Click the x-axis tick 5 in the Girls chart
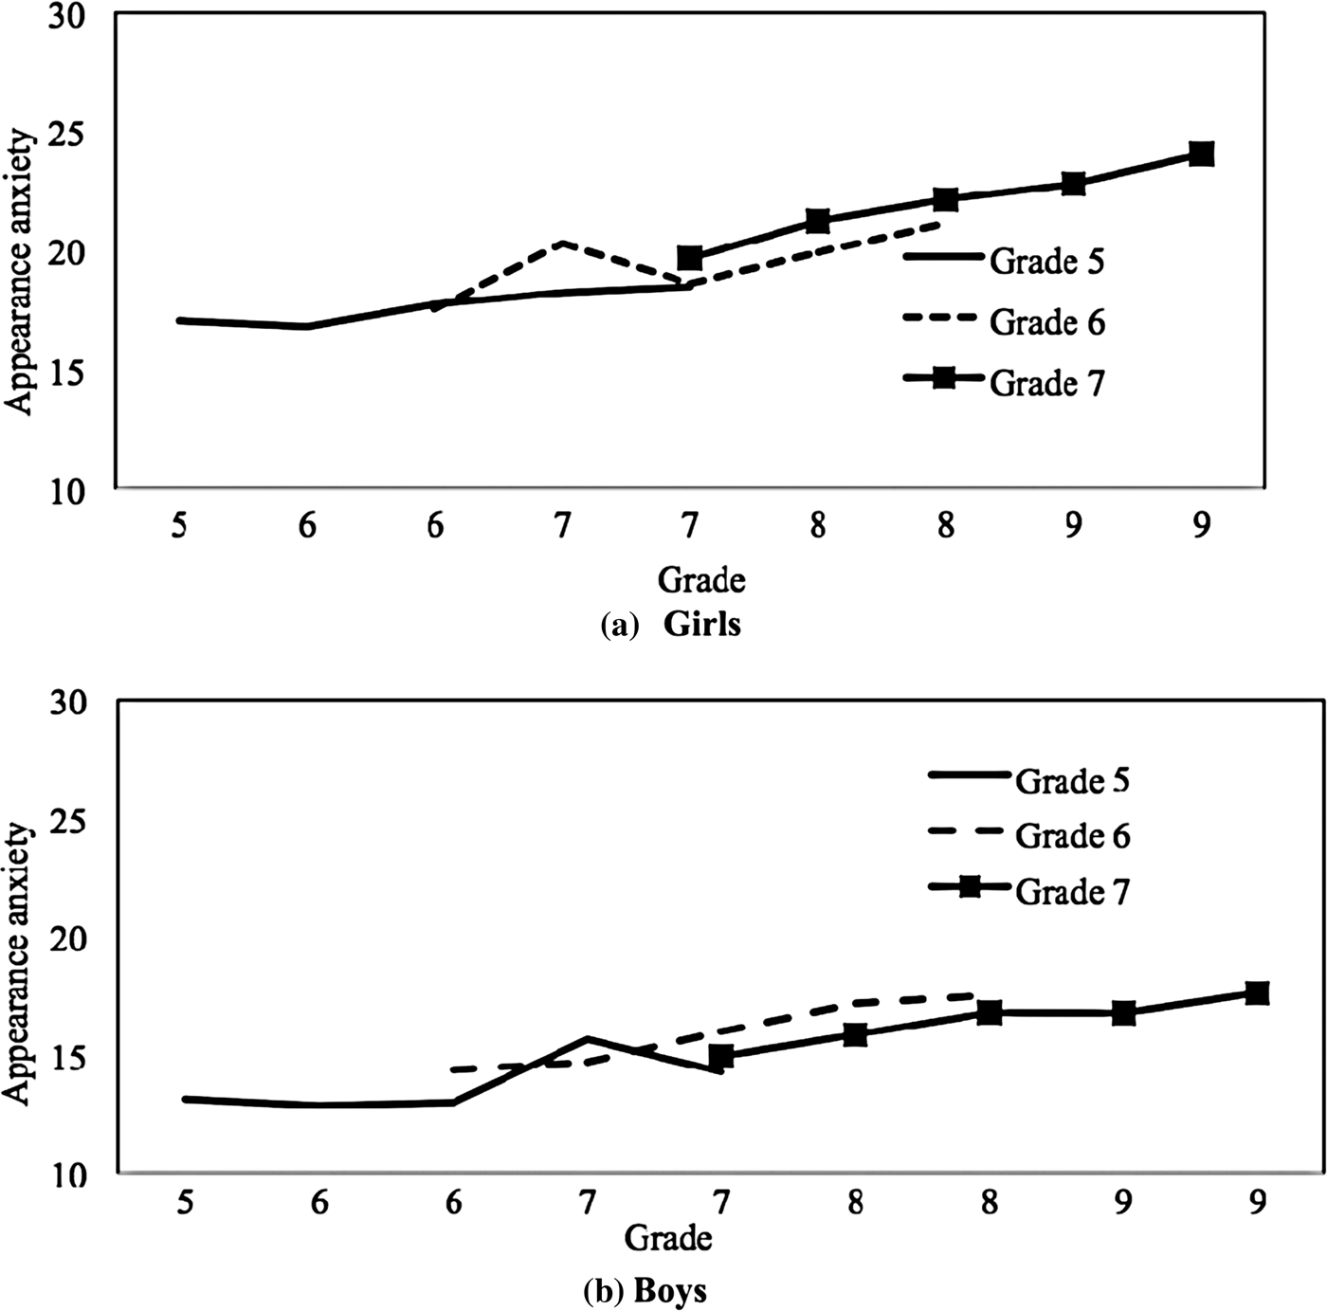coord(179,525)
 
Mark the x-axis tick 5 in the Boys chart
coord(185,1203)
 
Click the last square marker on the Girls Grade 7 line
coord(1201,154)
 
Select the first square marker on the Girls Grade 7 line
coord(690,257)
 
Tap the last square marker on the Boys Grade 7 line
coord(1257,992)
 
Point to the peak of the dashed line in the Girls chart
coord(563,243)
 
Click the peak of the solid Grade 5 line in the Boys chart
coord(588,1038)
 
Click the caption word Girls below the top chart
coord(702,625)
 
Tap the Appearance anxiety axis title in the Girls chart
coord(20,273)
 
